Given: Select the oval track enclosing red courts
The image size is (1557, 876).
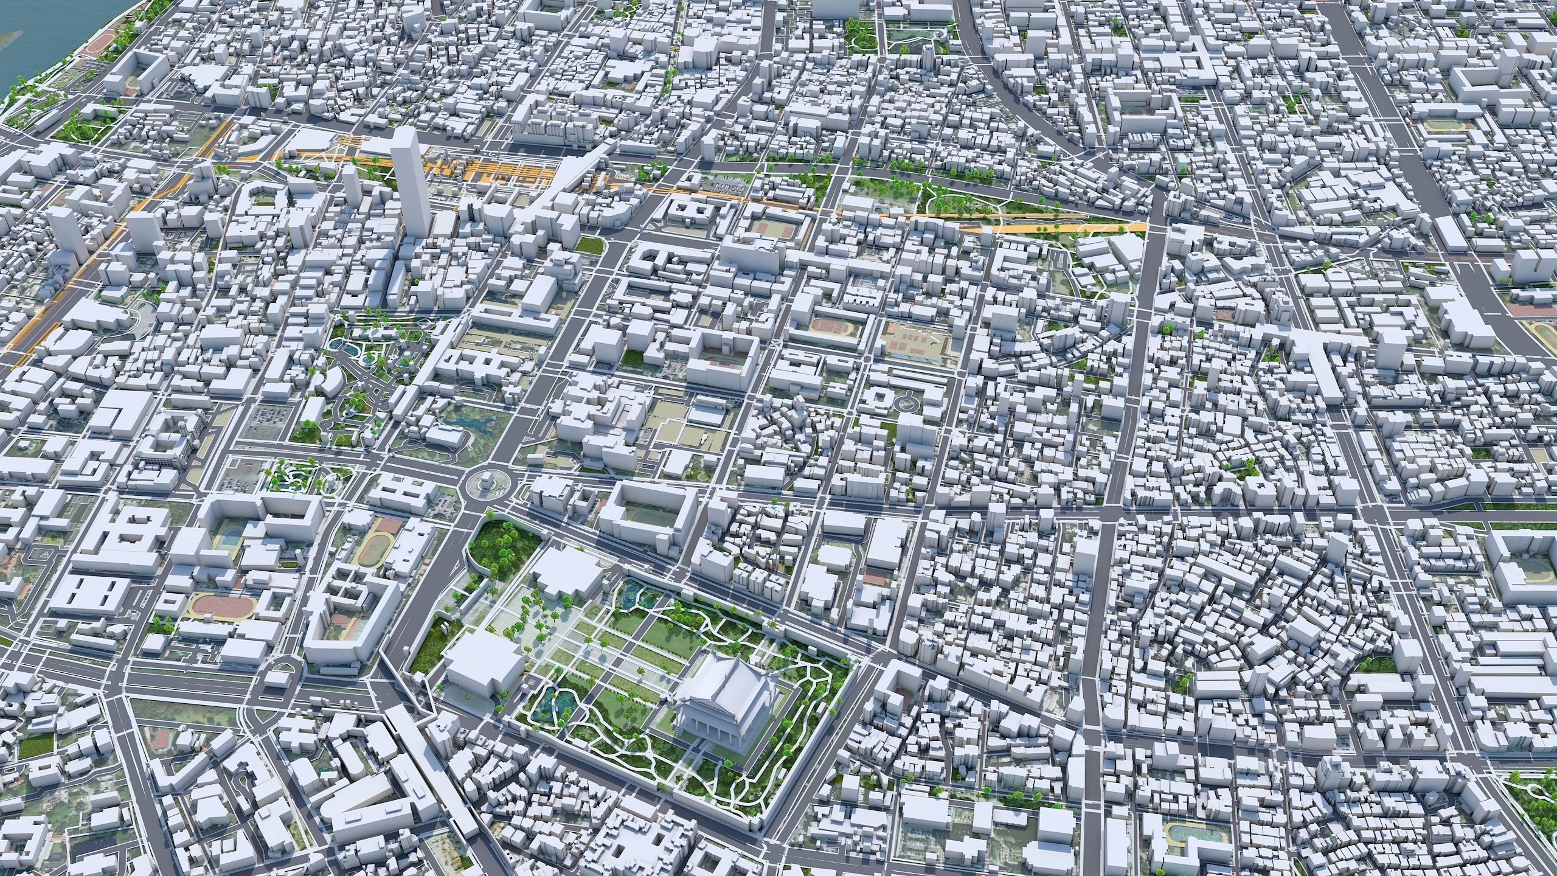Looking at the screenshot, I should coord(825,328).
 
